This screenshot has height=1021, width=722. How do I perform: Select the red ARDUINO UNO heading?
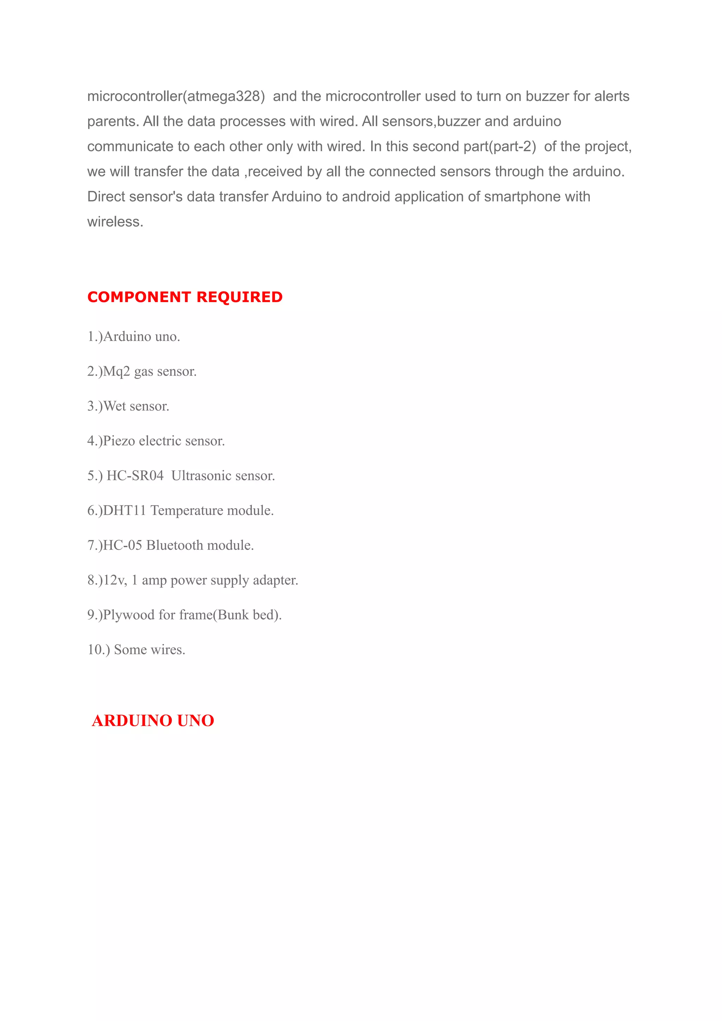pyautogui.click(x=153, y=721)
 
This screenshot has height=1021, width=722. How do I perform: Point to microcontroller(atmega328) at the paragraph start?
pyautogui.click(x=176, y=96)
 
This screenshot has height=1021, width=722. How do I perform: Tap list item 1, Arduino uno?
pyautogui.click(x=134, y=336)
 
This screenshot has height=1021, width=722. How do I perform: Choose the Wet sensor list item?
pyautogui.click(x=128, y=406)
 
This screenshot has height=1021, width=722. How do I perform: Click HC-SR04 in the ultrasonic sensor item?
pyautogui.click(x=135, y=476)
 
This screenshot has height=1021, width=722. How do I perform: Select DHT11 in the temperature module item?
pyautogui.click(x=124, y=510)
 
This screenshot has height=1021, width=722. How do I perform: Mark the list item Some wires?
pyautogui.click(x=136, y=650)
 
